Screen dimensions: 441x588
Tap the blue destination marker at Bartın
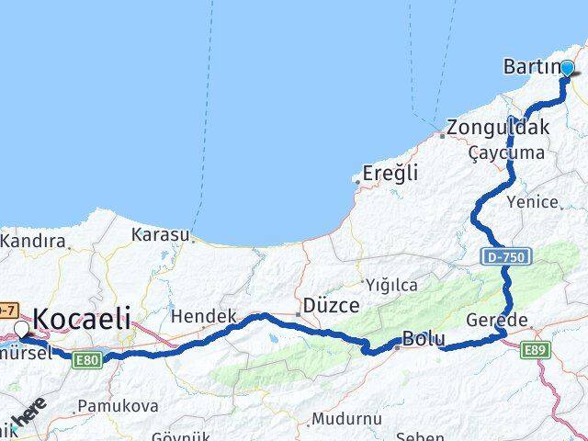[567, 68]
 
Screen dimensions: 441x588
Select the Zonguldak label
[499, 128]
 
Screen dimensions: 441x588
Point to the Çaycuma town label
[505, 152]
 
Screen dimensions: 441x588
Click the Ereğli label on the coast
[390, 172]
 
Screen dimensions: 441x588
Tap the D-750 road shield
[503, 258]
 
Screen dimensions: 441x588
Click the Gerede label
[523, 320]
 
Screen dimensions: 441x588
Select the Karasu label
[160, 234]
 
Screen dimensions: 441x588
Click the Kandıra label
[34, 242]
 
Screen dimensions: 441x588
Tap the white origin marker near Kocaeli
[22, 328]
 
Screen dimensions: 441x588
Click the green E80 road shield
[87, 359]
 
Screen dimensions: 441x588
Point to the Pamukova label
[118, 405]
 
